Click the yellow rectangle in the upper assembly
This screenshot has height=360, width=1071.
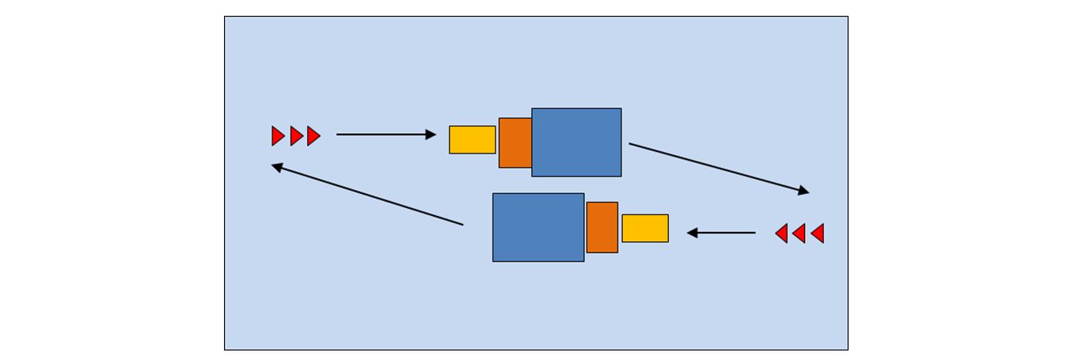(x=472, y=139)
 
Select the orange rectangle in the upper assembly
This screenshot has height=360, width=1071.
(x=515, y=142)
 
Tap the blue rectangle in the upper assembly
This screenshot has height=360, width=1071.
(x=576, y=142)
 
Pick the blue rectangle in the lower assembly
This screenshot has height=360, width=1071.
(x=538, y=227)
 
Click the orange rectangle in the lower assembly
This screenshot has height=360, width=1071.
(x=602, y=227)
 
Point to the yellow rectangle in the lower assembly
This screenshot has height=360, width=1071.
(x=644, y=228)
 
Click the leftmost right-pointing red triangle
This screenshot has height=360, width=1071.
(x=277, y=136)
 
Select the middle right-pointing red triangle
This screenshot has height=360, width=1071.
(x=296, y=136)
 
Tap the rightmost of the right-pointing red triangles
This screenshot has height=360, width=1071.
(x=313, y=136)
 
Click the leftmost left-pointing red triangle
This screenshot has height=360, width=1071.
(x=781, y=233)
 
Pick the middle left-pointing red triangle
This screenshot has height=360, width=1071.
(x=799, y=233)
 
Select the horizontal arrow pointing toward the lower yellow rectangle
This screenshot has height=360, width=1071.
(x=721, y=233)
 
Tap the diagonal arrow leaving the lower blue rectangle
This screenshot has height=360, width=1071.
(x=367, y=195)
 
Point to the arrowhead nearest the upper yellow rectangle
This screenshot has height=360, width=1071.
(x=431, y=135)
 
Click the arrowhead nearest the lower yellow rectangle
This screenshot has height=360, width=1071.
(x=692, y=233)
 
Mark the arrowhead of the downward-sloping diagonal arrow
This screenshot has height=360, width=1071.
(x=803, y=191)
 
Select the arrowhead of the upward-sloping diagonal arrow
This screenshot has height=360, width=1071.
(x=277, y=167)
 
